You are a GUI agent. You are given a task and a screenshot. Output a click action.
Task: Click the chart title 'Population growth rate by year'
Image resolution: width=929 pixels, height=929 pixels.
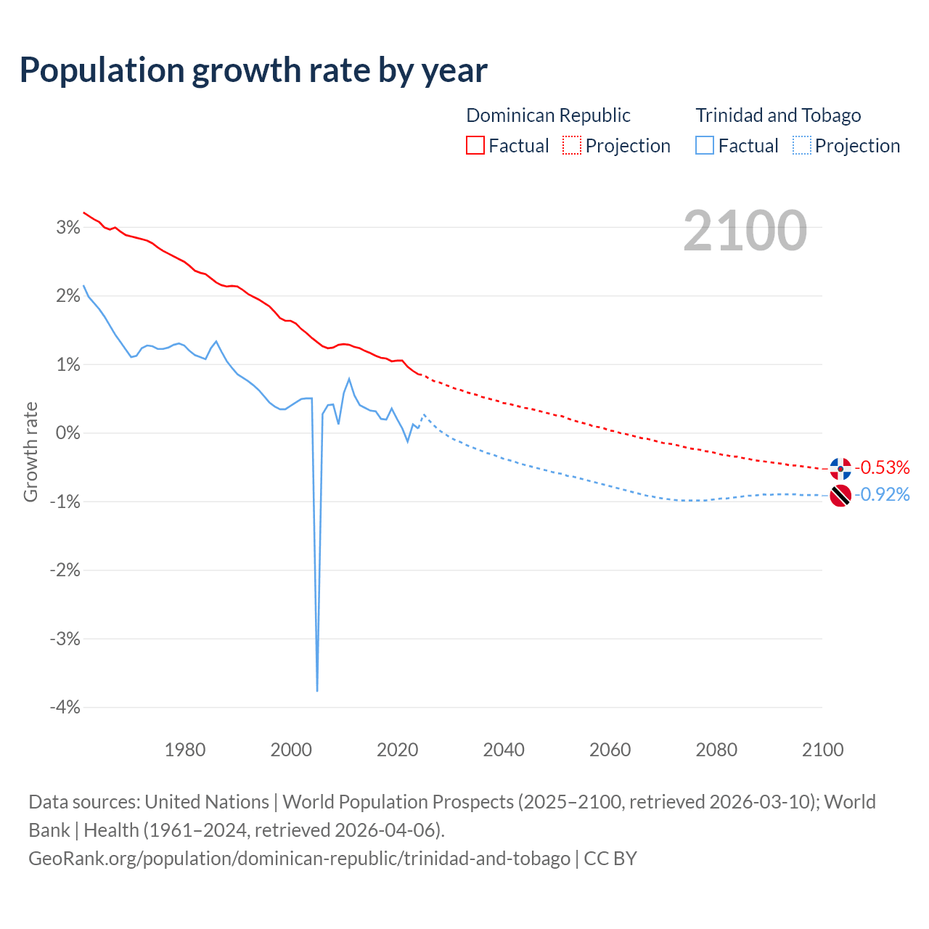[253, 70]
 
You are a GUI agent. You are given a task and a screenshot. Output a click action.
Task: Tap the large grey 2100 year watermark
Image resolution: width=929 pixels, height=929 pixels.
[745, 231]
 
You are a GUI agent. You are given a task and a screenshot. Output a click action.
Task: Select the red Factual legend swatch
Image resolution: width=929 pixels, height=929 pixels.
[475, 145]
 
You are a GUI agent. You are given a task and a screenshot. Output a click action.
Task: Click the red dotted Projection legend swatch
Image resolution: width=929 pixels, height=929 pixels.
[572, 145]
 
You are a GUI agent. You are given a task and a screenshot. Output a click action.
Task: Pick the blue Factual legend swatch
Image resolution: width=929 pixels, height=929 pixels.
[704, 145]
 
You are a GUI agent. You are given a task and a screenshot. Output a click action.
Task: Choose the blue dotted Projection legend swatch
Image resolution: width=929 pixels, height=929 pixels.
[801, 145]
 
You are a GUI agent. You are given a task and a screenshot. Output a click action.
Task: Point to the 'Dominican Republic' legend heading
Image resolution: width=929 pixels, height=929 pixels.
[548, 115]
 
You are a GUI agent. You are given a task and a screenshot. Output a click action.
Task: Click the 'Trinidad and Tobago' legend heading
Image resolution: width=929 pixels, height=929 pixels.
[778, 115]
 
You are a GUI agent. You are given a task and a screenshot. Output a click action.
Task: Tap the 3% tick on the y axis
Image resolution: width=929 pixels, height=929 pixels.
[67, 228]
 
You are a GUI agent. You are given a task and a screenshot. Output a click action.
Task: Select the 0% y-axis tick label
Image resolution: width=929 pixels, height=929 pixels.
[67, 433]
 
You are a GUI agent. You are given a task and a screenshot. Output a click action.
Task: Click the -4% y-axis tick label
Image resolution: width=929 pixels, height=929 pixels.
[65, 708]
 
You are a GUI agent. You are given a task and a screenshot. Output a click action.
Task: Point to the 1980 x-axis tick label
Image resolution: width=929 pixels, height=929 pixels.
[185, 750]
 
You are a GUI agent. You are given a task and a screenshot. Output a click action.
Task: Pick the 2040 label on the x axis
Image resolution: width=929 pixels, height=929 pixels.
[504, 750]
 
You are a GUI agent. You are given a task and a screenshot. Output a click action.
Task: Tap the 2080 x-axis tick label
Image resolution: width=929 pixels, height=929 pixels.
[716, 750]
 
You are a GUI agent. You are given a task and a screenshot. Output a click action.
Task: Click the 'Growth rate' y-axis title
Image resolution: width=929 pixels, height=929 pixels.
[30, 451]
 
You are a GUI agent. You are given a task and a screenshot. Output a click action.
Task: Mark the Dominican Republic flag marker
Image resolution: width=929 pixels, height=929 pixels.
[840, 469]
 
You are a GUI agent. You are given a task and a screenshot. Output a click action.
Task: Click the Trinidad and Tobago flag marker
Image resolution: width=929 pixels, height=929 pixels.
[840, 496]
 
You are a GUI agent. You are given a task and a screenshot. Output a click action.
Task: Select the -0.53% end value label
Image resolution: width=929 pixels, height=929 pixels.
[882, 467]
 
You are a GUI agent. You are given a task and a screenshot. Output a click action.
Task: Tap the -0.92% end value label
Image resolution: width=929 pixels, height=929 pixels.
[882, 494]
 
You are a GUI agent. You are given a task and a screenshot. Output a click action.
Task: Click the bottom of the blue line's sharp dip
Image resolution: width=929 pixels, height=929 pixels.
[317, 690]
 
